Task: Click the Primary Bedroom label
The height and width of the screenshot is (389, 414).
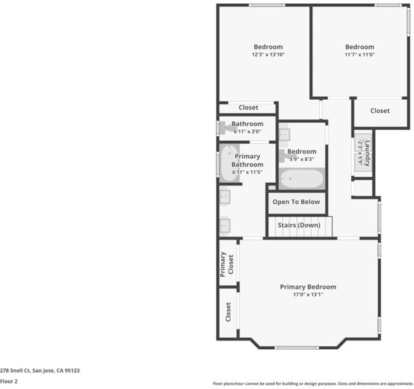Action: tap(308, 287)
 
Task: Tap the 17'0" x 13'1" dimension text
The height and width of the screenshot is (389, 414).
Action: tap(308, 294)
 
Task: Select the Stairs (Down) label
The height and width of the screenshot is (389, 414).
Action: tap(299, 225)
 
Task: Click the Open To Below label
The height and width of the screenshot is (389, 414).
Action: tap(296, 202)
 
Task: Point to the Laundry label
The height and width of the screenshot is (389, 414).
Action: tap(367, 153)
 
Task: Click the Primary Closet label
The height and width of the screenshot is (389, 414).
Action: tap(227, 265)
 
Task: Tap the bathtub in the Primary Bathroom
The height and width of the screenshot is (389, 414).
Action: tap(229, 163)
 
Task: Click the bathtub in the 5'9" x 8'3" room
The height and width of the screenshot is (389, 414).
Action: tap(302, 179)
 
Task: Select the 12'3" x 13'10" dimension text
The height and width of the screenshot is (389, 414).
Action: tap(268, 54)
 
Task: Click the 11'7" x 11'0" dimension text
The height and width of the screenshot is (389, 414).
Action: tap(360, 54)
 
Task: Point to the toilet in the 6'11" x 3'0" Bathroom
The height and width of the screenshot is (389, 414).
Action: tap(227, 128)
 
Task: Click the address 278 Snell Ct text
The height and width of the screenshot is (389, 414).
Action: tap(15, 370)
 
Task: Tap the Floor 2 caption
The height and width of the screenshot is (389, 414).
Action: tap(8, 381)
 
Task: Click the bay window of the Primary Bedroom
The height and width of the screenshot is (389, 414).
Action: tap(297, 348)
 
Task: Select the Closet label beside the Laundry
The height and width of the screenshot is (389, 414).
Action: tap(380, 111)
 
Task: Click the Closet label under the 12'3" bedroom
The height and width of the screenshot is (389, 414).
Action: tap(248, 108)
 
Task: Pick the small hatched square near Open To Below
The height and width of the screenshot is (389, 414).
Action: tap(272, 187)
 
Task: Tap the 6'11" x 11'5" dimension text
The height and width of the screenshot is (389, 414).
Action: tap(247, 172)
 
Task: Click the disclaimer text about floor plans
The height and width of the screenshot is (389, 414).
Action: tap(313, 383)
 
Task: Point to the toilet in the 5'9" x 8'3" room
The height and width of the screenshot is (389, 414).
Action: tap(284, 156)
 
